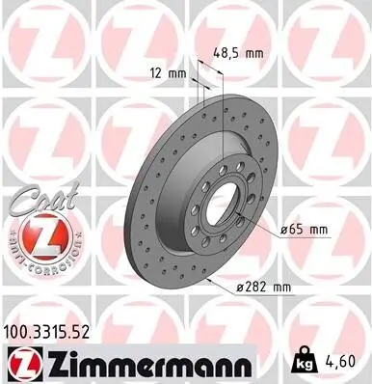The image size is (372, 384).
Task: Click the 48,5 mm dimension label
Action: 237,55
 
